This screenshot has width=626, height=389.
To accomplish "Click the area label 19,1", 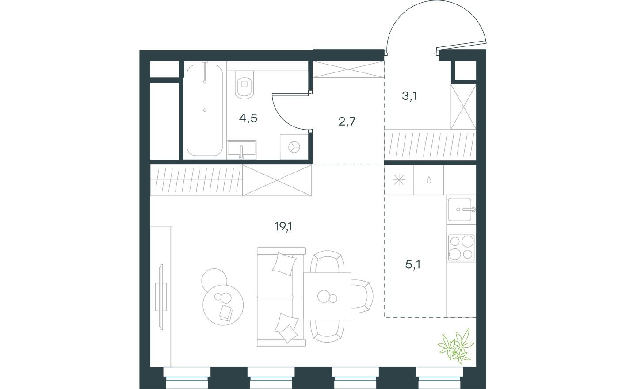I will pyautogui.click(x=284, y=227).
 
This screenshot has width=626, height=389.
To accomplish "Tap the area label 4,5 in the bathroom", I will pyautogui.click(x=248, y=118).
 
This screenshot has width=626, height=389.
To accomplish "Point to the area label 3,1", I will pyautogui.click(x=409, y=96).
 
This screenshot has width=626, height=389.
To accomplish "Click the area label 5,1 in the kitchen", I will pyautogui.click(x=413, y=264).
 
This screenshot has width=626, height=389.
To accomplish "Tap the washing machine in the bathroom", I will pyautogui.click(x=293, y=146).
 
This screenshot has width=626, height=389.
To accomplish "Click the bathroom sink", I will pyautogui.click(x=241, y=149).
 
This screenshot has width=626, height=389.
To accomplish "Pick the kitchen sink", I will pyautogui.click(x=461, y=210).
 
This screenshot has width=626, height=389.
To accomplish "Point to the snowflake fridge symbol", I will pyautogui.click(x=399, y=180).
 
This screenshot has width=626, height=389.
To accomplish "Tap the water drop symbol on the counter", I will pyautogui.click(x=428, y=180).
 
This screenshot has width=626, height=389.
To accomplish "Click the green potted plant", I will pyautogui.click(x=456, y=344).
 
